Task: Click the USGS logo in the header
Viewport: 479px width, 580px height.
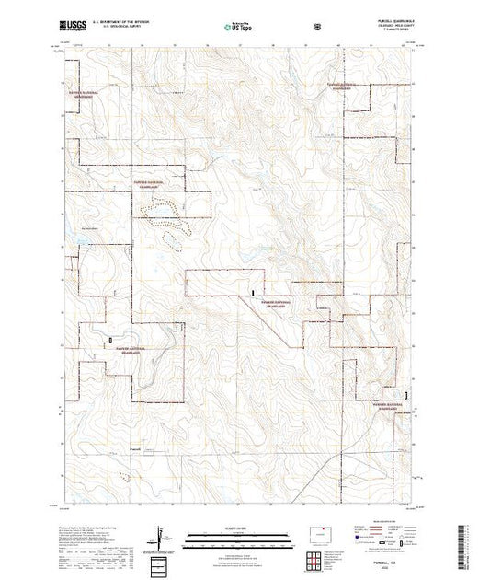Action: click(71, 25)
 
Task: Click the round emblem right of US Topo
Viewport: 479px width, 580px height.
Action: click(318, 26)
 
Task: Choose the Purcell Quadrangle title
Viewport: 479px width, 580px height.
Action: click(385, 22)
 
